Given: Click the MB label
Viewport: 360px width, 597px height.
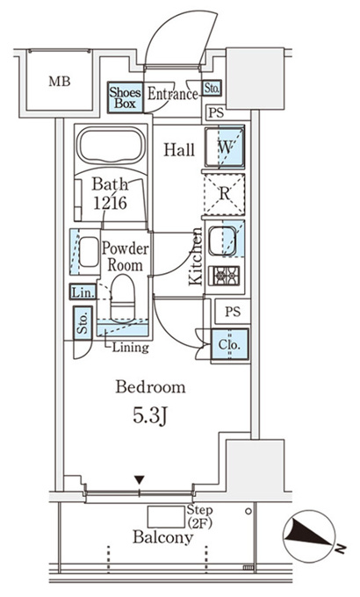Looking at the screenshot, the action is (60, 81).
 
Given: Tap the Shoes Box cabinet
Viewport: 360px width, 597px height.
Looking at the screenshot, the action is (126, 97).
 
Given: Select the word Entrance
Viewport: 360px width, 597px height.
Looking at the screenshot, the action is (173, 94).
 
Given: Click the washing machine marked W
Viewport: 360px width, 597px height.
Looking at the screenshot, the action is (225, 147).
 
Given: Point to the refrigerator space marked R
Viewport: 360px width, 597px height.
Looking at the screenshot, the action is (225, 194).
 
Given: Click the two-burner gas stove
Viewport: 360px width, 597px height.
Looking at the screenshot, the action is (225, 275).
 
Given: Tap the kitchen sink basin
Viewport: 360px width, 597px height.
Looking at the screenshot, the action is (222, 241).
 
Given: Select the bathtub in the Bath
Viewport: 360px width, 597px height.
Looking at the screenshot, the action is (111, 147).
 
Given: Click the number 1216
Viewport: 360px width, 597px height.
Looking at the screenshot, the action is (111, 204).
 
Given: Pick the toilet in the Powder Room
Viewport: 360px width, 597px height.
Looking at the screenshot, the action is (123, 298).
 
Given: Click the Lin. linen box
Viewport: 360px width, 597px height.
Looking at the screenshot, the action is (83, 292).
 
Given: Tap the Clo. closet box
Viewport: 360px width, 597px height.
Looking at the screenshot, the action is (230, 344).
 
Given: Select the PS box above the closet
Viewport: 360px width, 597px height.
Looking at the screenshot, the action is (233, 312).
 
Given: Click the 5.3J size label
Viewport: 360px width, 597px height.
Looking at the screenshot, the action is (150, 416).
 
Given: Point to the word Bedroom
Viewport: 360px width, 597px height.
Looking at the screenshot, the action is (150, 387).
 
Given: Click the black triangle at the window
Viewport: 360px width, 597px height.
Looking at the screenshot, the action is (140, 479).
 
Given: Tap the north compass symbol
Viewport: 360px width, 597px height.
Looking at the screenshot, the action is (309, 536).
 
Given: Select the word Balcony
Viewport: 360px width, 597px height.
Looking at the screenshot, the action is (163, 537).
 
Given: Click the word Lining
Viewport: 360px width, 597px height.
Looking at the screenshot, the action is (130, 348).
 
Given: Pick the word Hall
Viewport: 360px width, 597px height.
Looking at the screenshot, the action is (179, 149).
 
